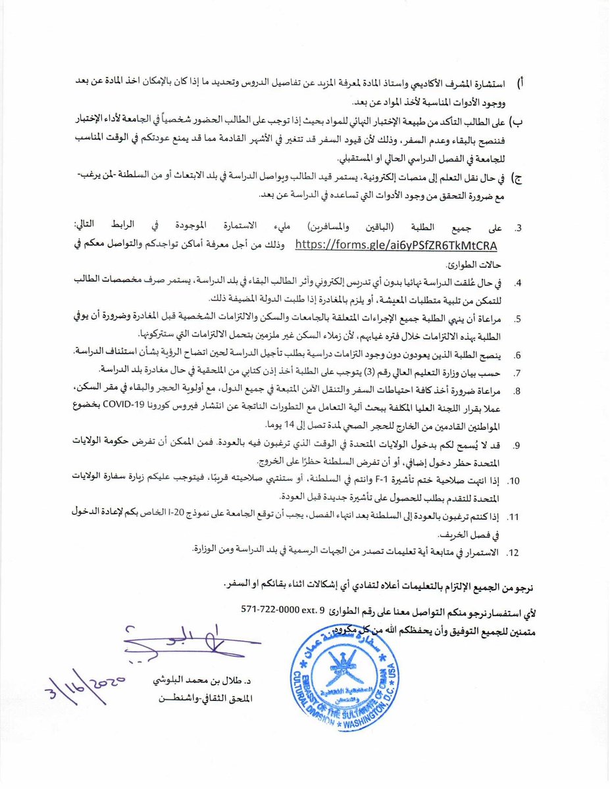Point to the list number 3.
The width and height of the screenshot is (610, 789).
[x=518, y=228]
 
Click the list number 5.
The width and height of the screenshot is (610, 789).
[x=519, y=319]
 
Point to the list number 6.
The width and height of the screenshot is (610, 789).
[x=519, y=356]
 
